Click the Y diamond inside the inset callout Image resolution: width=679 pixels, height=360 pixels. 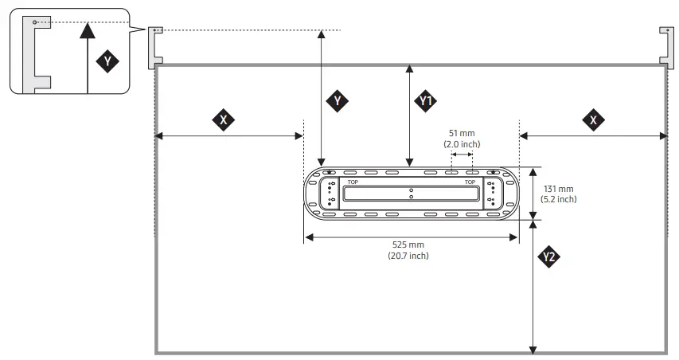[x=107, y=61]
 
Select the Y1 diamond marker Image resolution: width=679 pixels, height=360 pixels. [x=426, y=101]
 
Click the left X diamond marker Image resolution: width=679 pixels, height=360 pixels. [x=224, y=120]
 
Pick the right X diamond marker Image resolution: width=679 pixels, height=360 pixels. [x=592, y=120]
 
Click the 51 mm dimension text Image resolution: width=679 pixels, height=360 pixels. [x=462, y=133]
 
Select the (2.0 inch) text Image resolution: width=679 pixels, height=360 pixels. [x=462, y=144]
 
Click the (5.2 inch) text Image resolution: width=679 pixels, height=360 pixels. [x=560, y=199]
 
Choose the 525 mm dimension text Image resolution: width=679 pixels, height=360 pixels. [x=408, y=245]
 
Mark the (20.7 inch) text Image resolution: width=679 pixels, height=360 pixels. [x=408, y=256]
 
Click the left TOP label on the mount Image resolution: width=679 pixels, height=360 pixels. [x=353, y=182]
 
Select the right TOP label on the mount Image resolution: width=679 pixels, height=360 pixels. [x=470, y=182]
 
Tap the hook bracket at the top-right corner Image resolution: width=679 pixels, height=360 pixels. [x=666, y=45]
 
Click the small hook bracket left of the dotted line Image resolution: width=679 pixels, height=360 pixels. [x=155, y=46]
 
